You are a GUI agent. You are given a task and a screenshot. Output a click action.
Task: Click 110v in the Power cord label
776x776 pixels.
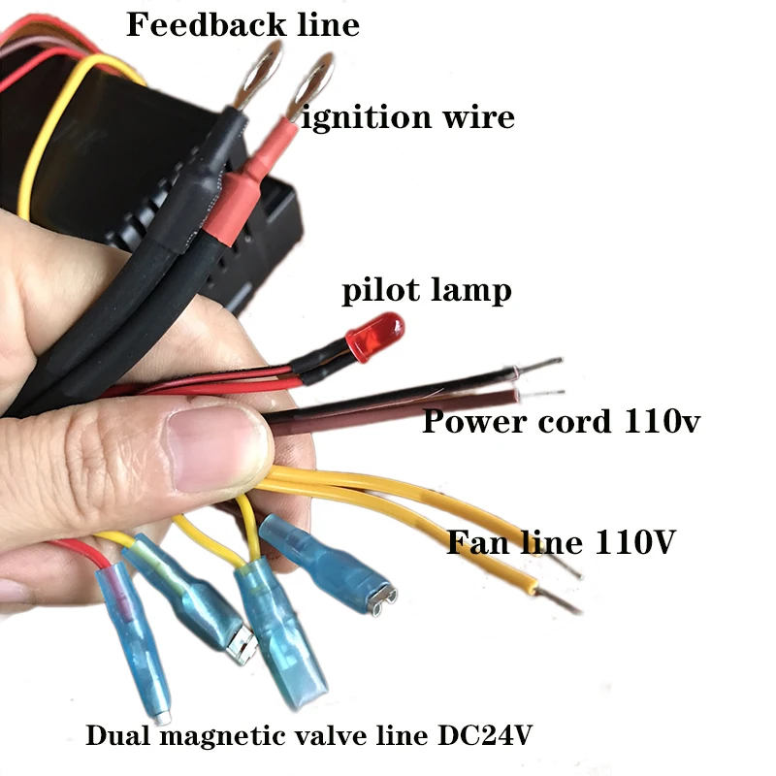(659, 423)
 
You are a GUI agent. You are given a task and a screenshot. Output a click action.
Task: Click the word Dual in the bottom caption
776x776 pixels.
(115, 736)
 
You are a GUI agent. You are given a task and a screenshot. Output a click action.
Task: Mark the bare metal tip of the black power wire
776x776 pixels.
(543, 366)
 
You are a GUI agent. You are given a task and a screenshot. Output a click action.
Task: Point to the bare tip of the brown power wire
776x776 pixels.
(543, 394)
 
